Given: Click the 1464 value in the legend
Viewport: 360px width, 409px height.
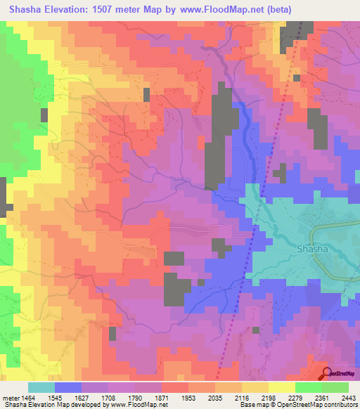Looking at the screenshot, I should click(29, 396).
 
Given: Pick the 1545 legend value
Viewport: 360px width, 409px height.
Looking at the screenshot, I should click(55, 396).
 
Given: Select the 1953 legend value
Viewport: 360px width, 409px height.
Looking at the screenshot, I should click(188, 396).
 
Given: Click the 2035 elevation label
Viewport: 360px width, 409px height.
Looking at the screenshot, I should click(214, 396).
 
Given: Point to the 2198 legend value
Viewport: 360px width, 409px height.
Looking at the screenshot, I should click(268, 396).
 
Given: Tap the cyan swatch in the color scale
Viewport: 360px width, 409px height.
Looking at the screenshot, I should click(41, 387).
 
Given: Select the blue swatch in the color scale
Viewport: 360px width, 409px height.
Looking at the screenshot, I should click(68, 387).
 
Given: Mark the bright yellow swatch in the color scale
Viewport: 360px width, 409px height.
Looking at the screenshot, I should click(281, 387).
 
